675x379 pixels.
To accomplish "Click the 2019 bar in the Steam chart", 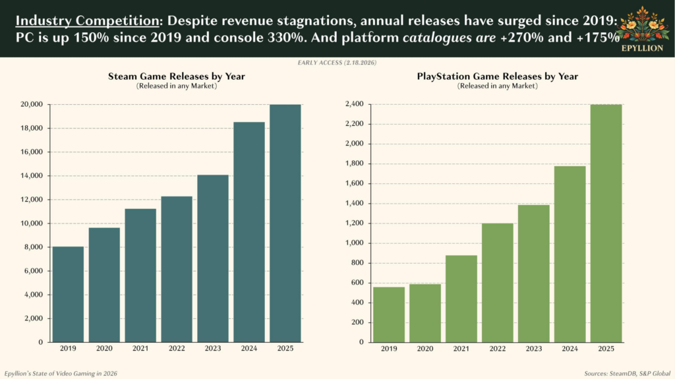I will (x=68, y=294).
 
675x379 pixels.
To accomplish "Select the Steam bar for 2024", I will (x=249, y=232).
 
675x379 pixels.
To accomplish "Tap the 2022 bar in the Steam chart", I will (x=177, y=269).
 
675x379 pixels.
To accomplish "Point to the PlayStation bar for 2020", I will (x=426, y=313).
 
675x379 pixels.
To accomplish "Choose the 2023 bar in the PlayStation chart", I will (x=534, y=274).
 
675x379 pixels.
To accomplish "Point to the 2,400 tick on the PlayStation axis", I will (x=354, y=104).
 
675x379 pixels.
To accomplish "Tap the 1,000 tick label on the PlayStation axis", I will (x=354, y=243).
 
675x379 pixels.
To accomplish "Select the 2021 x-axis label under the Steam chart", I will (x=140, y=348).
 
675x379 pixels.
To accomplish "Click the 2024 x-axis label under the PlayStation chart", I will (x=570, y=348).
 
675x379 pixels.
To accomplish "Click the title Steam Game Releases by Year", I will (x=177, y=76).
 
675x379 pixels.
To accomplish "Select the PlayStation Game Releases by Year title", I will (x=498, y=76).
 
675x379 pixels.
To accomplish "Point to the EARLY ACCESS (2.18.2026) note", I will (x=337, y=63).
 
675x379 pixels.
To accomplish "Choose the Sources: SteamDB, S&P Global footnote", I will (x=626, y=374).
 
